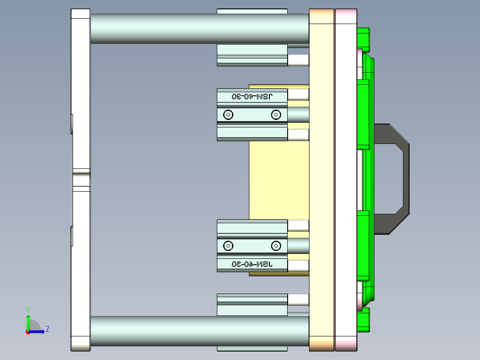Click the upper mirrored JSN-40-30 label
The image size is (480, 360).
[x=252, y=96]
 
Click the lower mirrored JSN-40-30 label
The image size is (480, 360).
[x=252, y=264]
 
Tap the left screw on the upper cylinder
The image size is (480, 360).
[x=228, y=115]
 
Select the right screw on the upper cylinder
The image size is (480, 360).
[x=276, y=115]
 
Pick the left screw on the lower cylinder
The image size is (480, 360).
[x=228, y=245]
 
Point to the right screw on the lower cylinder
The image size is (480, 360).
[x=276, y=245]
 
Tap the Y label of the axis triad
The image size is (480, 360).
[x=28, y=309]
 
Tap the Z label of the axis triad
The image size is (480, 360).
[x=47, y=329]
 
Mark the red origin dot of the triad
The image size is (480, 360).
[x=28, y=332]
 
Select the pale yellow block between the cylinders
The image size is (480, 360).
[x=278, y=178]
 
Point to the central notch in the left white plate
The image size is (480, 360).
[x=81, y=180]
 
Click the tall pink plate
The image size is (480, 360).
[x=346, y=178]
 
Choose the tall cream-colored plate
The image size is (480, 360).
[x=321, y=178]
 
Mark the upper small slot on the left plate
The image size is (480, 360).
[x=72, y=124]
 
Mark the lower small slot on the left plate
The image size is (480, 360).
[x=72, y=236]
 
